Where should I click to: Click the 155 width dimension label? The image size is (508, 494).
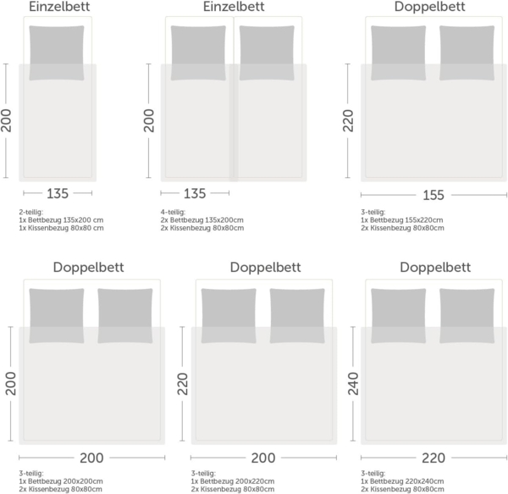tap(433, 195)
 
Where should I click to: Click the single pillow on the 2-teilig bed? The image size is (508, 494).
tap(57, 52)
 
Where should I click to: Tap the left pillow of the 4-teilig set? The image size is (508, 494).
tap(198, 52)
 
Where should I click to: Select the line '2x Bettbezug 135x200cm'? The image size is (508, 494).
tap(207, 220)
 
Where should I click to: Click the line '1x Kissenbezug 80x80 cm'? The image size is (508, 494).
tap(60, 228)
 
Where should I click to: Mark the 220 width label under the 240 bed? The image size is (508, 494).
tap(433, 458)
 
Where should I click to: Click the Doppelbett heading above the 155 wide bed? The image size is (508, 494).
tap(434, 7)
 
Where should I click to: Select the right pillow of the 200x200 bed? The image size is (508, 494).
tap(125, 315)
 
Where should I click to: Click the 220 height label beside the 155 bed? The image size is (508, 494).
tap(347, 121)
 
